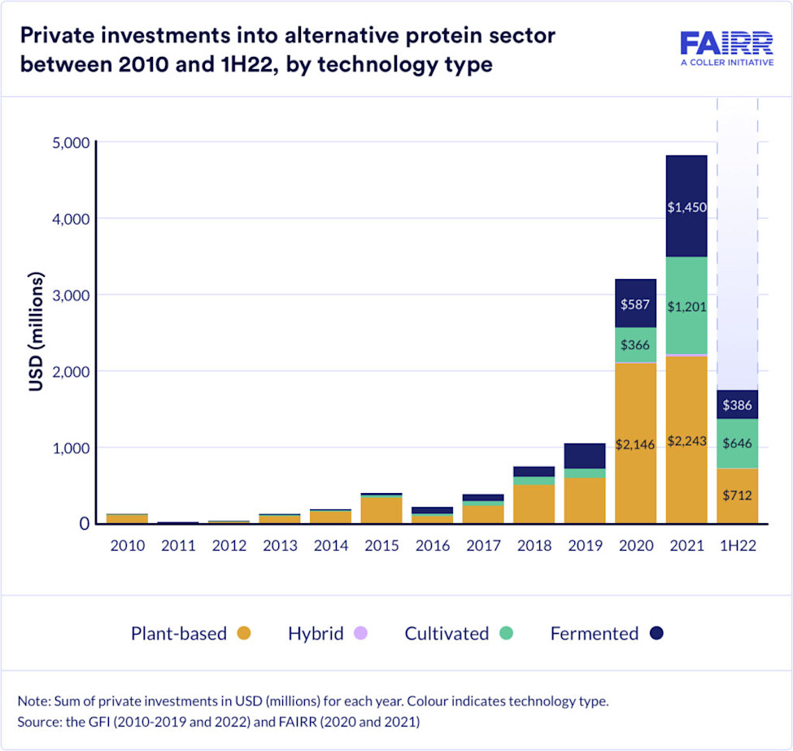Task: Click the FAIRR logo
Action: pos(726,49)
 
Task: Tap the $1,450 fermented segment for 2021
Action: pos(686,207)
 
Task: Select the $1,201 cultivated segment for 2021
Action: pos(686,306)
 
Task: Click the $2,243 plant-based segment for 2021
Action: pos(686,440)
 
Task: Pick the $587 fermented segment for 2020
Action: pos(635,303)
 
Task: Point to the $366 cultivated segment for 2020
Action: pos(635,345)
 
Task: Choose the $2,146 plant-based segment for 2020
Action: pos(635,444)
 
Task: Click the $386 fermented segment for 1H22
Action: pos(737,404)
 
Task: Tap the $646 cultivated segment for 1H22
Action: pos(737,443)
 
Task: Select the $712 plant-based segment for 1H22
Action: pos(737,496)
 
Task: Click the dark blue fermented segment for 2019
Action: pos(584,456)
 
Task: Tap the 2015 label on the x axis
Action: pos(381,546)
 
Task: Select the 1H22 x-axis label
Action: pos(737,546)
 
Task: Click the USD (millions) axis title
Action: pos(37,333)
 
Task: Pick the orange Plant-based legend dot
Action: pos(243,634)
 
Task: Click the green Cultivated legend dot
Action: pos(505,634)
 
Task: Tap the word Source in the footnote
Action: pos(37,721)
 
